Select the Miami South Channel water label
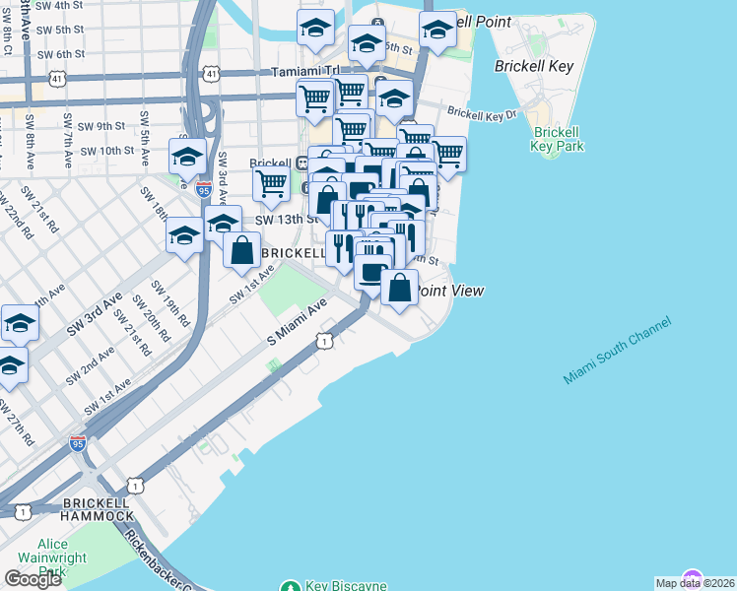618,352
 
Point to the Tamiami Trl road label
304,72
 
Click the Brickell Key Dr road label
482,114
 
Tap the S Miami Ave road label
297,324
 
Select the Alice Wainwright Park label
65,558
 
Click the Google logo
33,578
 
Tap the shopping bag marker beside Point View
399,289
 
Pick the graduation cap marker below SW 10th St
187,156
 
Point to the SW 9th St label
102,126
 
